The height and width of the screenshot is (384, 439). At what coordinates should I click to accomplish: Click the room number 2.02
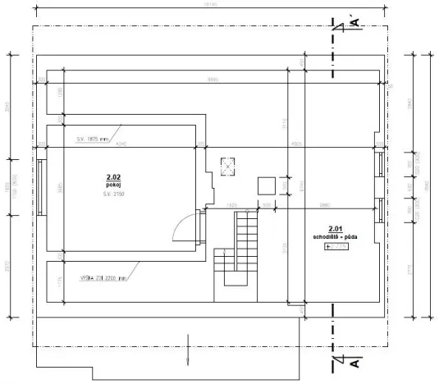112,177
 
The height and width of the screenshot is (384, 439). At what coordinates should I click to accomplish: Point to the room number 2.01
335,229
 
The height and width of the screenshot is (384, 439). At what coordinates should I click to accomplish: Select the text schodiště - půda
335,236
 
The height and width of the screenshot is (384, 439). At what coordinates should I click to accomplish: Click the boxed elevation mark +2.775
336,245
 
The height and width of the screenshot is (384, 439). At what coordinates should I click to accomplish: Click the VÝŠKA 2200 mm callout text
98,277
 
